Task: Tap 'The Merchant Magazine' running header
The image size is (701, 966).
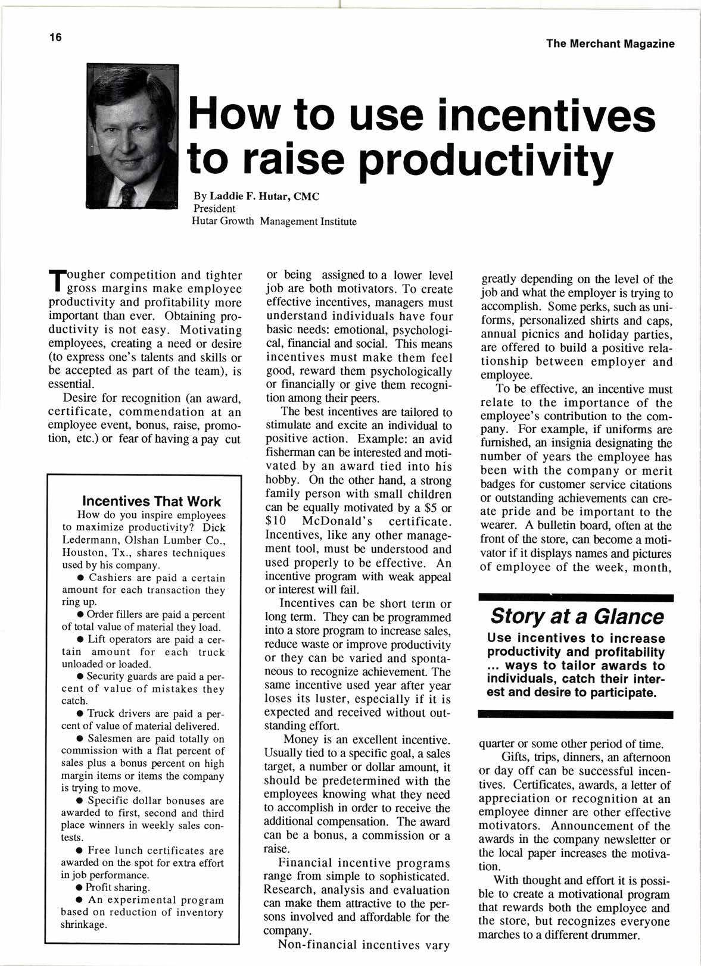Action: (609, 43)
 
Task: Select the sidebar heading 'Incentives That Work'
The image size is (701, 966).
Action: (151, 501)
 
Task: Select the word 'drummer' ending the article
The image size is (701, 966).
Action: (613, 936)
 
